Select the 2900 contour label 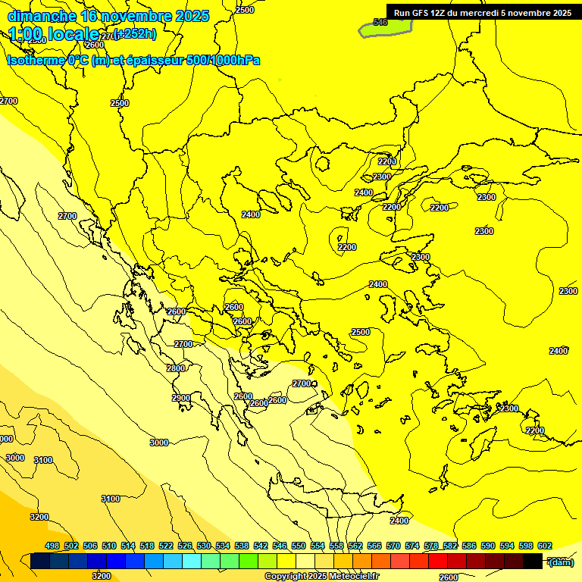click(x=180, y=398)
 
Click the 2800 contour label click(x=175, y=368)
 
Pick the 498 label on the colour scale click(x=52, y=546)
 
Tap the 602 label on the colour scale click(x=544, y=546)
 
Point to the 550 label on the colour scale click(x=299, y=546)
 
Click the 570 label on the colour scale click(x=393, y=546)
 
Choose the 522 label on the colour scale click(x=166, y=546)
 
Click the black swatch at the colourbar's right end click(x=533, y=562)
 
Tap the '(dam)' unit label click(x=562, y=562)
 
